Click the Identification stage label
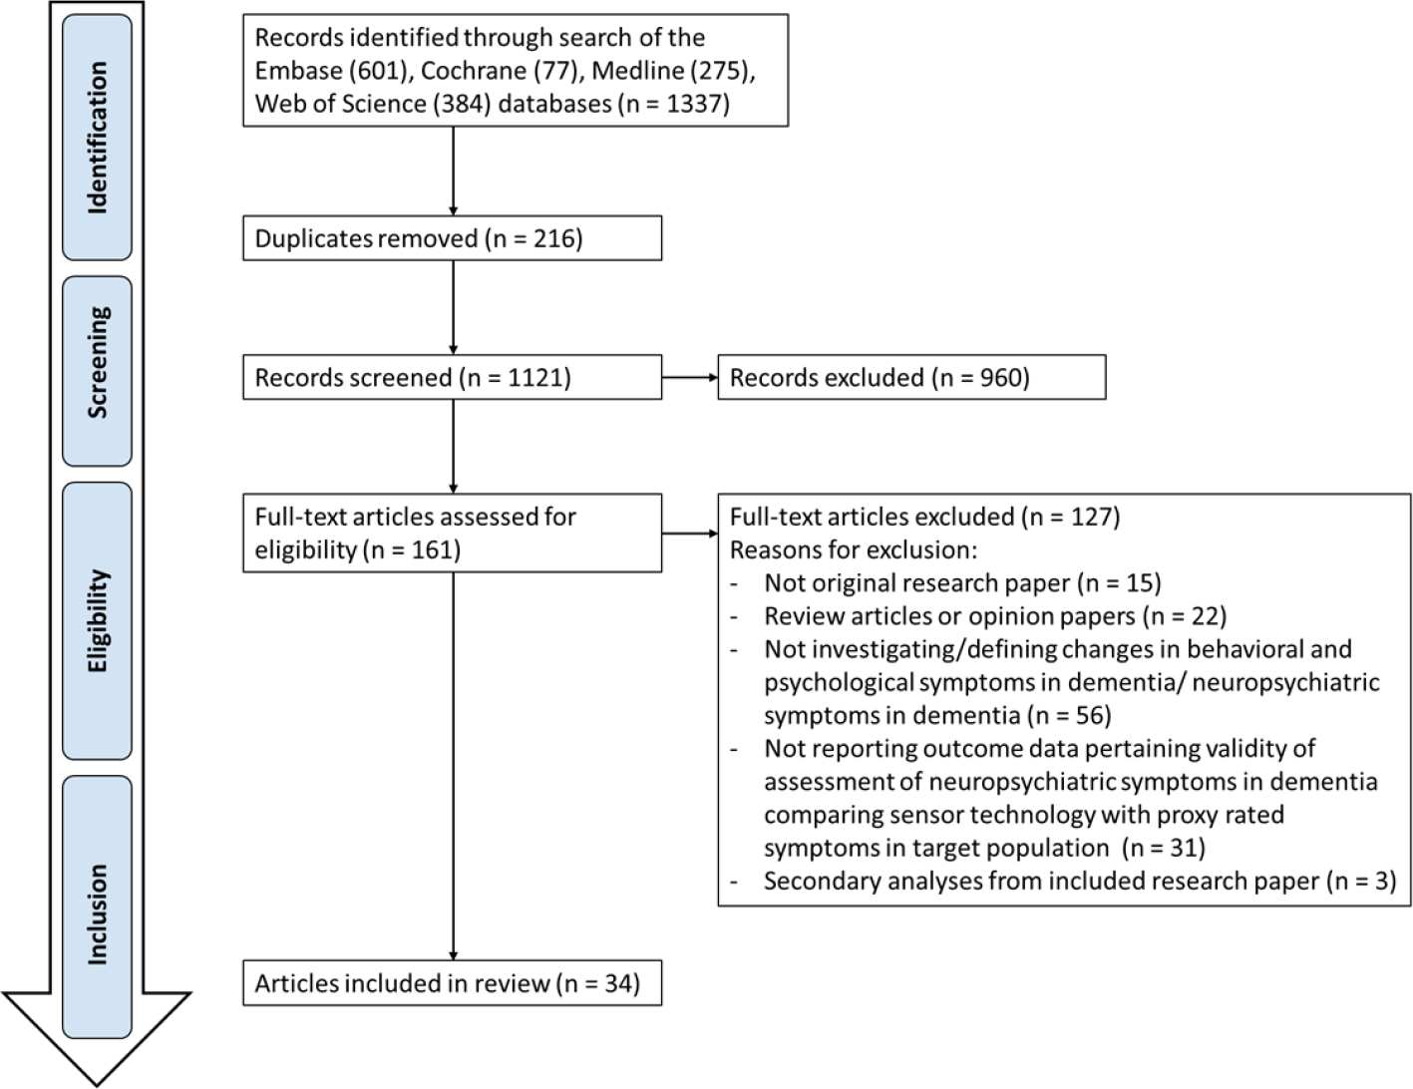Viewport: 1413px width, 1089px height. (97, 138)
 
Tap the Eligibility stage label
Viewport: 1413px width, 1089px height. (97, 620)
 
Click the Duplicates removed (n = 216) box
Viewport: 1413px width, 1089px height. (452, 239)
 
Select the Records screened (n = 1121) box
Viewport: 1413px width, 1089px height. (452, 378)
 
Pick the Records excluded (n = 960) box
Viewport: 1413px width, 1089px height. (910, 378)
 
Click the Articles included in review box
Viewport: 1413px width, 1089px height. (452, 983)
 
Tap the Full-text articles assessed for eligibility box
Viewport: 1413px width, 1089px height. (452, 534)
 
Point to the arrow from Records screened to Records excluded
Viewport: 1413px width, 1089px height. (689, 378)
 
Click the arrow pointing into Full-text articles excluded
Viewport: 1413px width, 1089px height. (689, 534)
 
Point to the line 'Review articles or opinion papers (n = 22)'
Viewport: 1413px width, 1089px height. (994, 615)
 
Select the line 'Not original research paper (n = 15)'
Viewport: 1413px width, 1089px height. (962, 582)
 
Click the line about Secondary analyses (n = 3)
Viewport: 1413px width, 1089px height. (1079, 881)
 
